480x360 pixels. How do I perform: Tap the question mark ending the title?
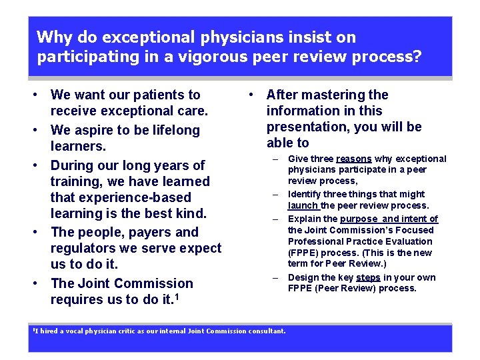click(x=417, y=57)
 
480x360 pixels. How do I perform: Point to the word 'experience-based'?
click(x=121, y=197)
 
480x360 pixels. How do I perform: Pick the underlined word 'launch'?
click(x=303, y=205)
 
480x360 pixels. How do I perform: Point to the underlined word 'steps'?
click(x=368, y=277)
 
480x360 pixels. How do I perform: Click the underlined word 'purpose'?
click(x=359, y=219)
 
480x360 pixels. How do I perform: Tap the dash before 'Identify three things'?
click(x=274, y=195)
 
